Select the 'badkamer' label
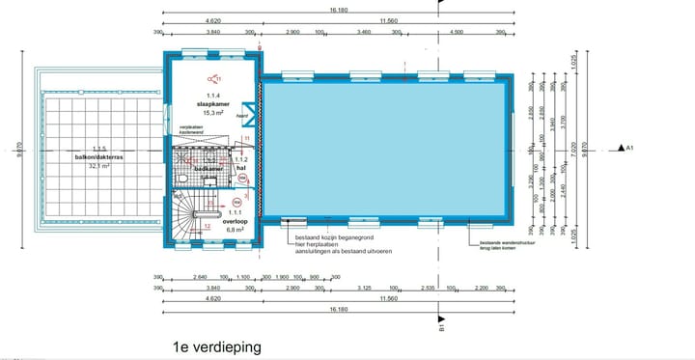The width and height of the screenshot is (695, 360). [x=208, y=169]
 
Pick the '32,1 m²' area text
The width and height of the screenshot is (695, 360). [x=96, y=166]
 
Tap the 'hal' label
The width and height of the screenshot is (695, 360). [x=242, y=168]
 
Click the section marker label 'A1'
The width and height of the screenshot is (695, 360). [x=628, y=149]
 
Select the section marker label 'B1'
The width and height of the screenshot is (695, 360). [x=441, y=328]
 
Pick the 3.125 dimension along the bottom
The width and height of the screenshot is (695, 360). [x=364, y=288]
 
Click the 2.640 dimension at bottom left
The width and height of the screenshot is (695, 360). [x=201, y=277]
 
